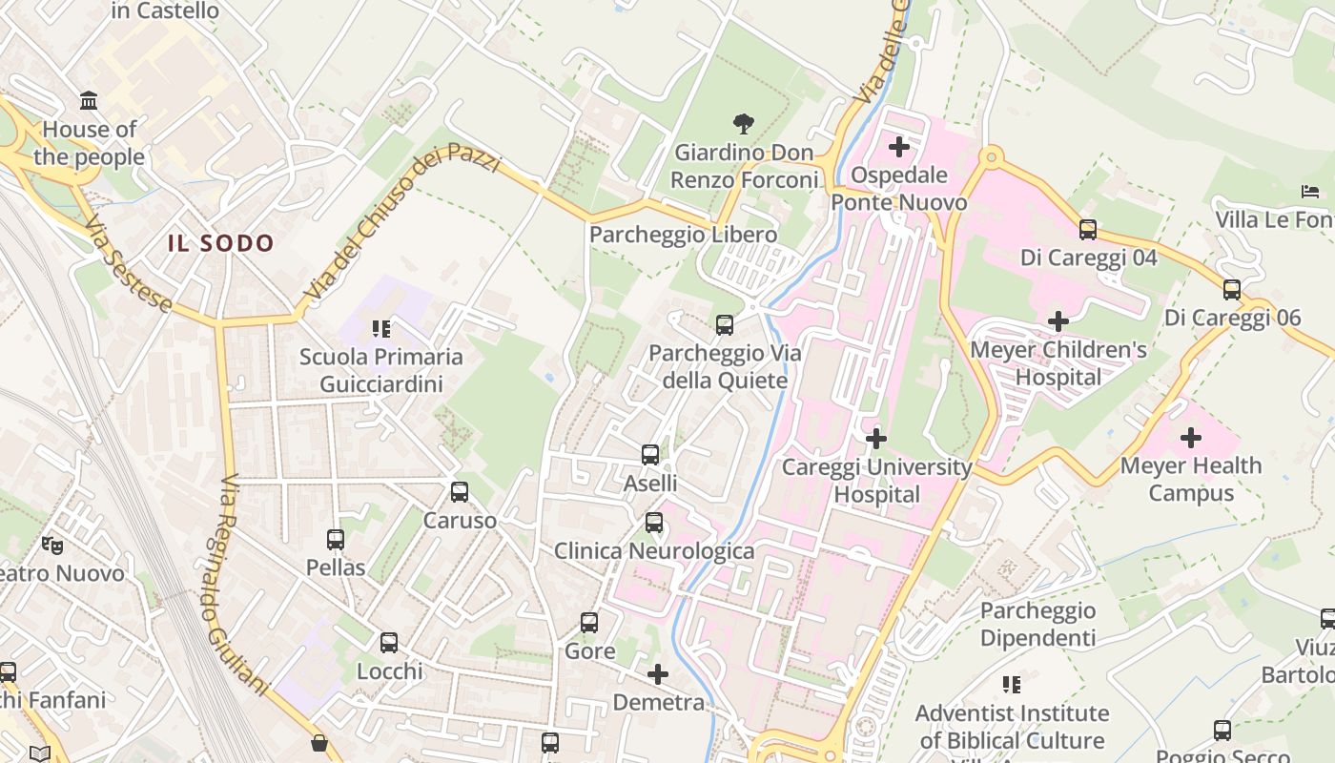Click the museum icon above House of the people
click(x=89, y=100)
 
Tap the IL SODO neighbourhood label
click(x=221, y=243)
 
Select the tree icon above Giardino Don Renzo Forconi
click(x=744, y=123)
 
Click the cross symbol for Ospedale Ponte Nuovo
click(x=898, y=147)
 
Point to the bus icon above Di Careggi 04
click(x=1087, y=230)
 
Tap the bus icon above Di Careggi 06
click(x=1231, y=290)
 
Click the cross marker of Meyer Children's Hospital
click(x=1058, y=321)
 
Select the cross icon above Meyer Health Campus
click(x=1190, y=438)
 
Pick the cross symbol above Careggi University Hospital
click(x=875, y=439)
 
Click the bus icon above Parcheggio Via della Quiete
click(x=724, y=325)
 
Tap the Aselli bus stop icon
click(x=650, y=455)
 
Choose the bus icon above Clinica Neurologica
click(x=653, y=523)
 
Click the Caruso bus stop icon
click(x=460, y=492)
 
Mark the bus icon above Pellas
click(x=336, y=540)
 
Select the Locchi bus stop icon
click(x=389, y=643)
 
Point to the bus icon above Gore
click(x=589, y=623)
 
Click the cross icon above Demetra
click(x=657, y=674)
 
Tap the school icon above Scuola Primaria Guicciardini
click(x=381, y=329)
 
